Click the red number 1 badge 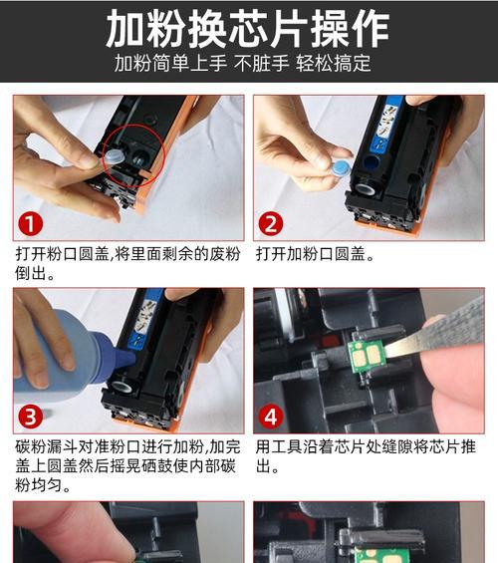tap(33, 222)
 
